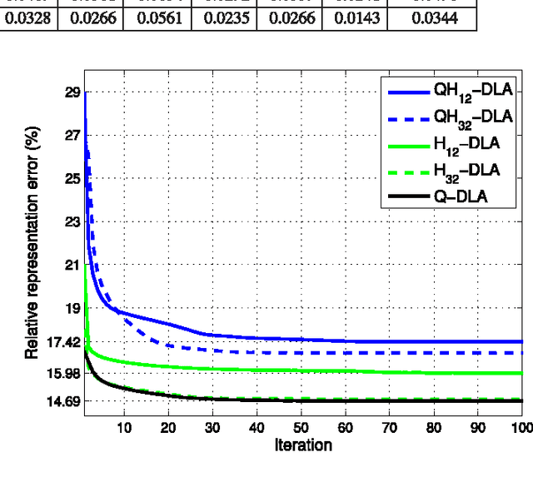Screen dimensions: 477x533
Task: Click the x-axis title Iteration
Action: [x=303, y=445]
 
